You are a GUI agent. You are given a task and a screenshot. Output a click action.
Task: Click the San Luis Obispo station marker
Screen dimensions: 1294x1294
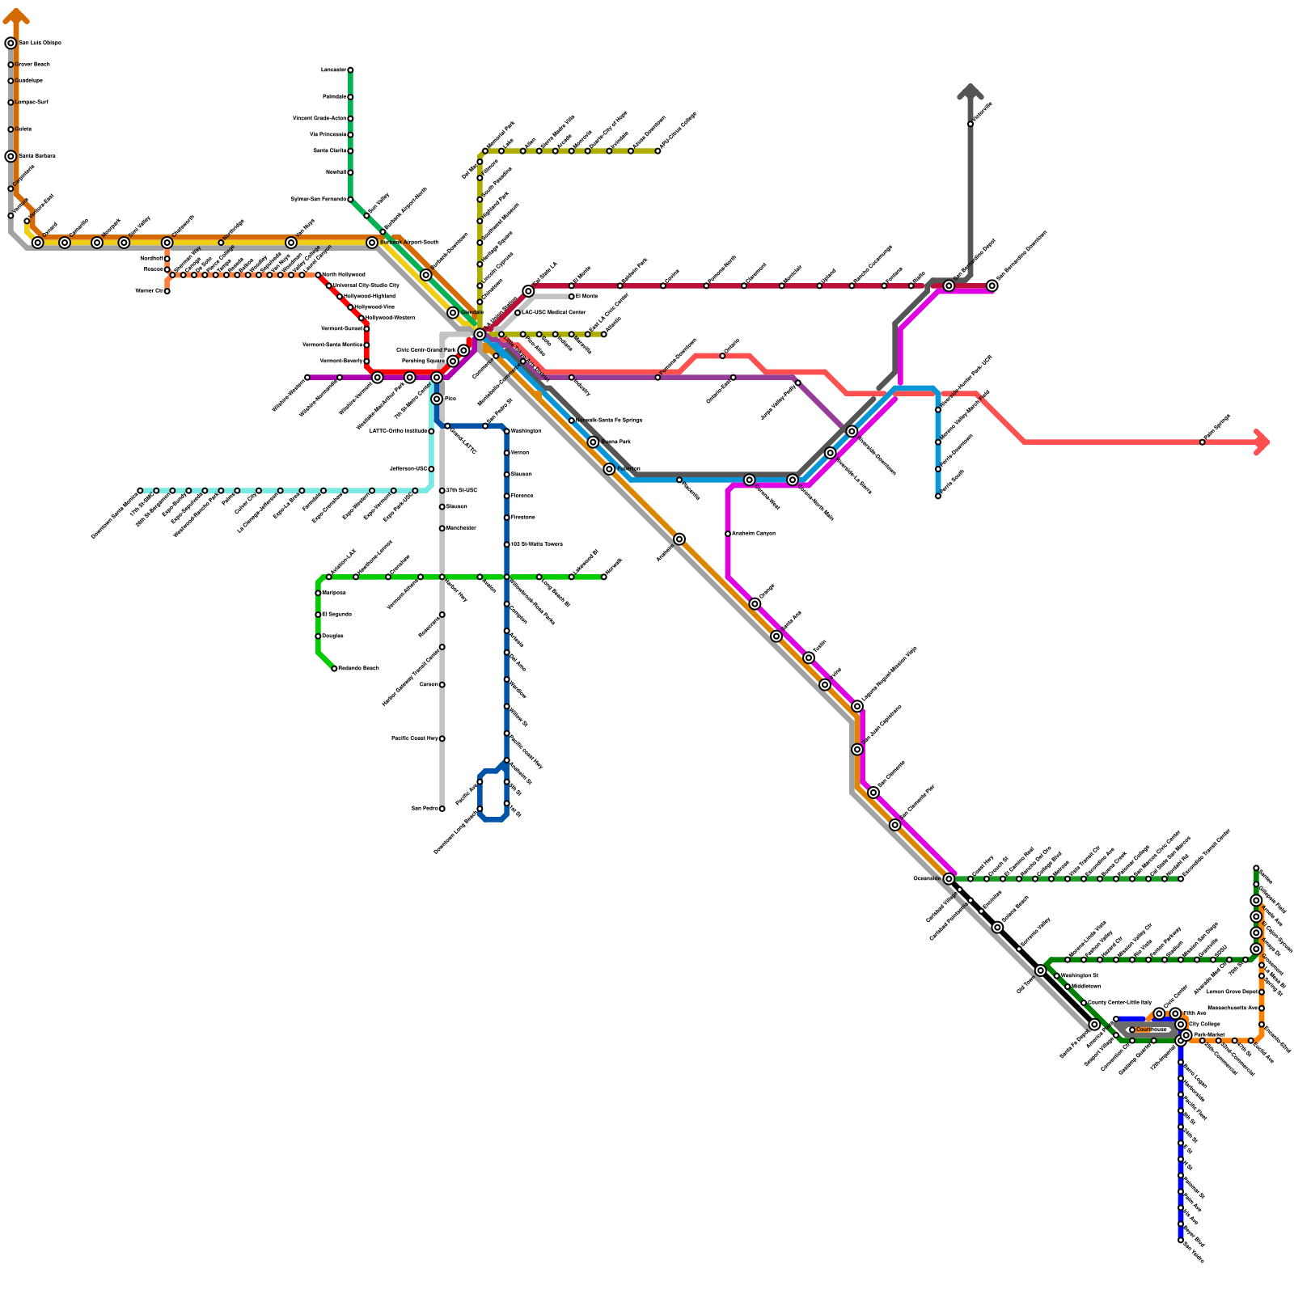pos(11,43)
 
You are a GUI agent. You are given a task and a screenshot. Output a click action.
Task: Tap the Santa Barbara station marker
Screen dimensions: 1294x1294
pos(11,156)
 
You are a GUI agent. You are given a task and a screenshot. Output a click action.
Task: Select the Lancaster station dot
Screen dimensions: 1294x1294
pos(350,70)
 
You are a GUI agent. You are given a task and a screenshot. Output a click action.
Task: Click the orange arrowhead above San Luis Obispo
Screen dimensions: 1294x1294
pos(16,14)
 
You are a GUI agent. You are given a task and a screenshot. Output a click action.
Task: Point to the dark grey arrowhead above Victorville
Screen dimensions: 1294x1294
pos(970,91)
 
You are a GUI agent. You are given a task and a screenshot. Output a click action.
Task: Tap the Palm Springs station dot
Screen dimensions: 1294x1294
pos(1202,442)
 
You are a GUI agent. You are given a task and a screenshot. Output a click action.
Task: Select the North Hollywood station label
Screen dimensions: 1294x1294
pos(343,275)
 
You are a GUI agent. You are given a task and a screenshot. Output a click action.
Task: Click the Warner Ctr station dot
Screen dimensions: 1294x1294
pos(167,291)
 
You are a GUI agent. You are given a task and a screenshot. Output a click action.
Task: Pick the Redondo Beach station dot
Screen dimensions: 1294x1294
pos(334,669)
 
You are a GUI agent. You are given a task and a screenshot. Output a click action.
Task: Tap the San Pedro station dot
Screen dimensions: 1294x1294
pos(442,809)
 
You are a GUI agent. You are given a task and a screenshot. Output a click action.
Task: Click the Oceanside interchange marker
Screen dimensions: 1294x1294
pos(949,878)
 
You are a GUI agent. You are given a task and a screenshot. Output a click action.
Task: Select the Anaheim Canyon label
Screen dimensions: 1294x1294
pos(753,534)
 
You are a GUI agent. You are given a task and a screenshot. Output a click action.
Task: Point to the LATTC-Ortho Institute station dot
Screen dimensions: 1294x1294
pos(431,431)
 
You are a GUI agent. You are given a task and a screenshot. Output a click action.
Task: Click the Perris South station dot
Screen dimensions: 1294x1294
pos(938,496)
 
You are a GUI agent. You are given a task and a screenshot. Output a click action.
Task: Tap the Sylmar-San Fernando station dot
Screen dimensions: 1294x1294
pos(350,200)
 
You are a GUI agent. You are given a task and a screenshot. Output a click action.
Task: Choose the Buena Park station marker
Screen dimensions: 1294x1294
pos(593,442)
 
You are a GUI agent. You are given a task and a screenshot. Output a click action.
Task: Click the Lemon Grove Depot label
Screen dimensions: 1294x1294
pos(1232,992)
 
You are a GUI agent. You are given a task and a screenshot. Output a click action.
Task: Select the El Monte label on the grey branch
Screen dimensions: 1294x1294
pos(586,297)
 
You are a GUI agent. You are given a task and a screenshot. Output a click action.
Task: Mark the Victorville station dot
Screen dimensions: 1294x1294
pos(970,124)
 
